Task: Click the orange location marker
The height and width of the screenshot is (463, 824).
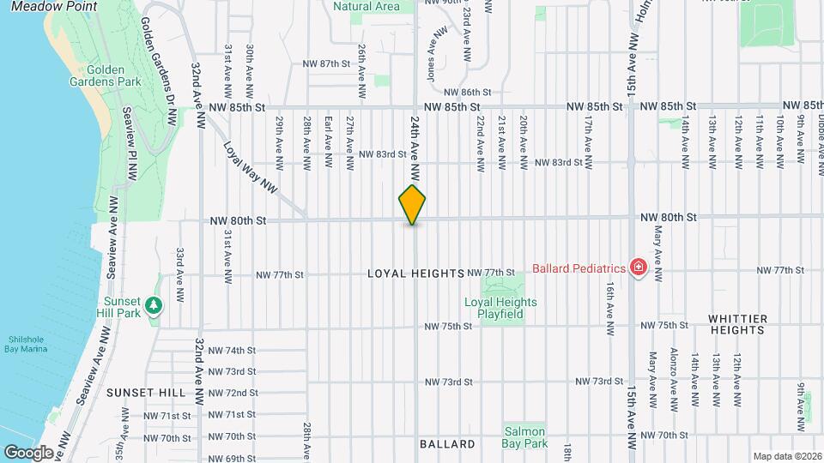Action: (413, 204)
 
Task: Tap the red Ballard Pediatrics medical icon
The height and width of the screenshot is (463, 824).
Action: (638, 268)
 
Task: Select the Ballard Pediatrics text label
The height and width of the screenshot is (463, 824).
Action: (579, 268)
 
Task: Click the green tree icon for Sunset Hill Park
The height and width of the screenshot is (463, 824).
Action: (154, 305)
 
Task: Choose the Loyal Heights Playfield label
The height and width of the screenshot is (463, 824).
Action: (500, 308)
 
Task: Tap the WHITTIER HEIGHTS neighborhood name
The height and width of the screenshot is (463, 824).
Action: (737, 324)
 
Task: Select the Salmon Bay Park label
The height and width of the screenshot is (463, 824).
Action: (525, 438)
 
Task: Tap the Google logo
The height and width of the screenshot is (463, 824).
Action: (28, 452)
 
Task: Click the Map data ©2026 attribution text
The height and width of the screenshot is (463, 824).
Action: (786, 456)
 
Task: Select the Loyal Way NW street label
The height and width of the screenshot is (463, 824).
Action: (250, 166)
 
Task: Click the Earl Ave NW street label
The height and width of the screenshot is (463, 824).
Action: (328, 134)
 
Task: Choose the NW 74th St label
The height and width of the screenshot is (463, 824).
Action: (233, 351)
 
